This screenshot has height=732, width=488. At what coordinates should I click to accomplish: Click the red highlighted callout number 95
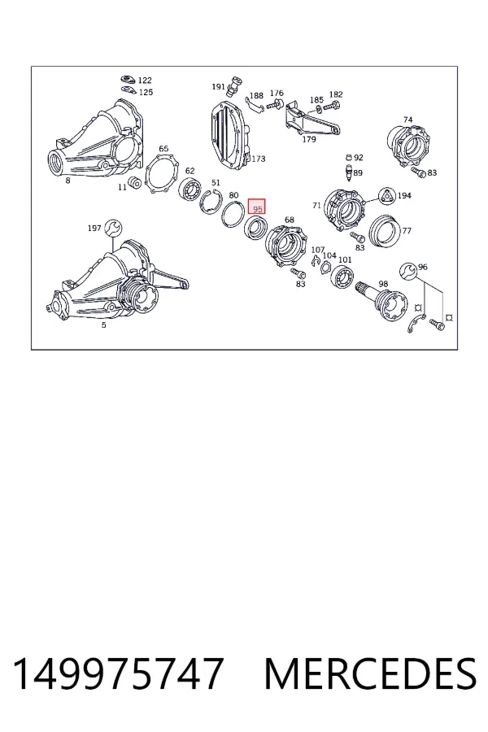click(x=256, y=207)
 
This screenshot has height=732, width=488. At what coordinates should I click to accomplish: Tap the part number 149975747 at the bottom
click(x=118, y=674)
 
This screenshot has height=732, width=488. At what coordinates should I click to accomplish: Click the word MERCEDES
click(x=370, y=674)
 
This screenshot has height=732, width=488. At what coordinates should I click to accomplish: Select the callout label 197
click(x=94, y=229)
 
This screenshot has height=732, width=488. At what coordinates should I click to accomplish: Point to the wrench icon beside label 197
click(x=113, y=228)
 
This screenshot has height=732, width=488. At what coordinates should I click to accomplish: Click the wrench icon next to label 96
click(x=408, y=270)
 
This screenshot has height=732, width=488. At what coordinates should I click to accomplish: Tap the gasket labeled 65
click(x=160, y=174)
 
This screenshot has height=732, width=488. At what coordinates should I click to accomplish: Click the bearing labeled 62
click(x=190, y=191)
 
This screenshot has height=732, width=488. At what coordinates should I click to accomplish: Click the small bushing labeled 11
click(x=135, y=182)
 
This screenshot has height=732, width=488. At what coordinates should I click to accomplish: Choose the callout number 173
click(x=259, y=159)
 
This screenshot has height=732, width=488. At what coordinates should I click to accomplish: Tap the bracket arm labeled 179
click(x=311, y=120)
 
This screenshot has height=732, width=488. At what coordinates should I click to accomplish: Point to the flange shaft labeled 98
click(x=383, y=303)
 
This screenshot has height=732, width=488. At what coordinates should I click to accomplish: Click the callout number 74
click(x=407, y=120)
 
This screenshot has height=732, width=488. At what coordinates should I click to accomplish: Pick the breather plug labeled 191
click(x=233, y=86)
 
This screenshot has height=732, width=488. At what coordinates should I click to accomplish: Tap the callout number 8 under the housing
click(x=68, y=181)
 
